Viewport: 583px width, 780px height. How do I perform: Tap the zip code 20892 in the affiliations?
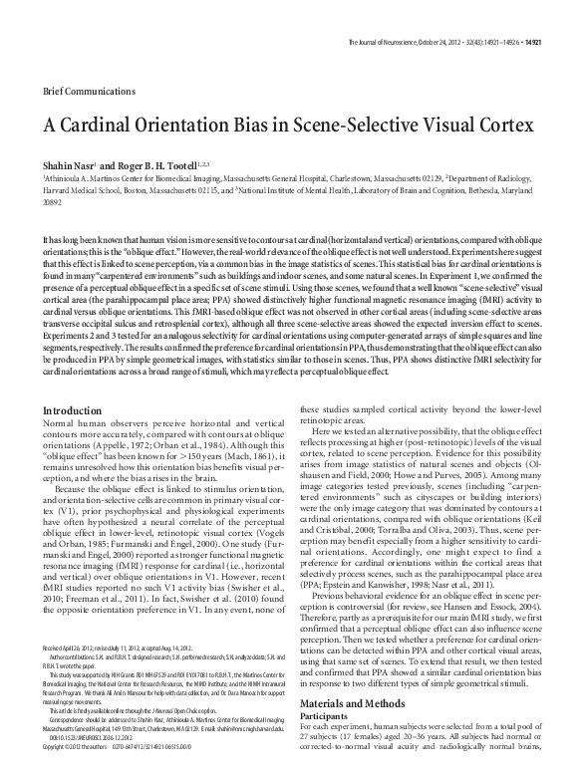click(x=51, y=197)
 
